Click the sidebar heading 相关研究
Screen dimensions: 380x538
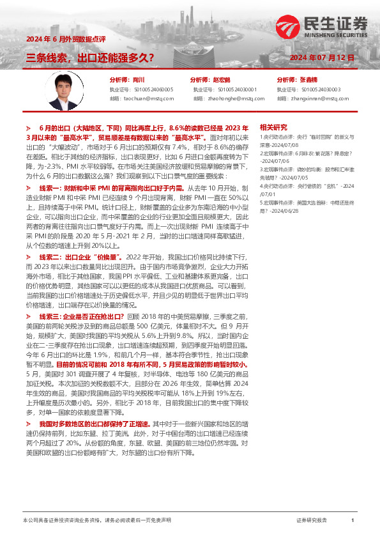point(273,127)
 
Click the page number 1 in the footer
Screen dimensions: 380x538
point(353,521)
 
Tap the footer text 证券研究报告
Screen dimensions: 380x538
point(312,521)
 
